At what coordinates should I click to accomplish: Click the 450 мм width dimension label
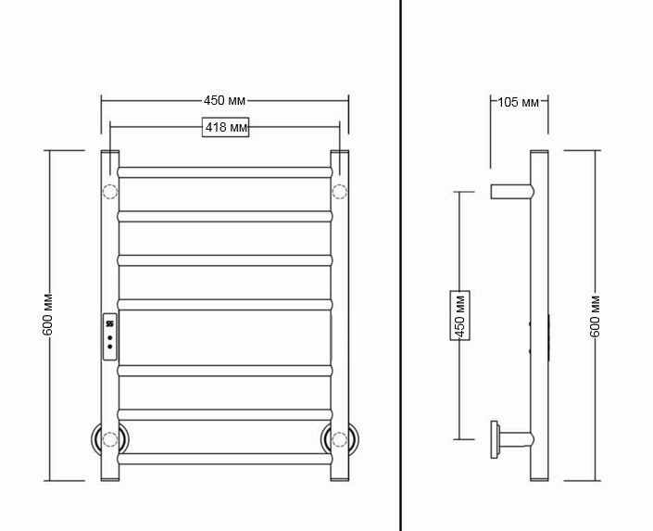point(224,100)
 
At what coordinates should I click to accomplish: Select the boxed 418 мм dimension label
point(225,127)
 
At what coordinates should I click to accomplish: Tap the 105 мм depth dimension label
point(519,102)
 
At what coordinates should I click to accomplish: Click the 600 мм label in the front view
point(47,315)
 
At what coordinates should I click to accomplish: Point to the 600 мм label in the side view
point(596,317)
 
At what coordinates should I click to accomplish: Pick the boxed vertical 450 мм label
point(460,315)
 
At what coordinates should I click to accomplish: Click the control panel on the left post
point(110,336)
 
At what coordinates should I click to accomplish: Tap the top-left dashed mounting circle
point(110,192)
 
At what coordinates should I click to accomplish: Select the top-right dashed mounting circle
point(340,192)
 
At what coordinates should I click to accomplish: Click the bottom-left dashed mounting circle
point(110,439)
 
